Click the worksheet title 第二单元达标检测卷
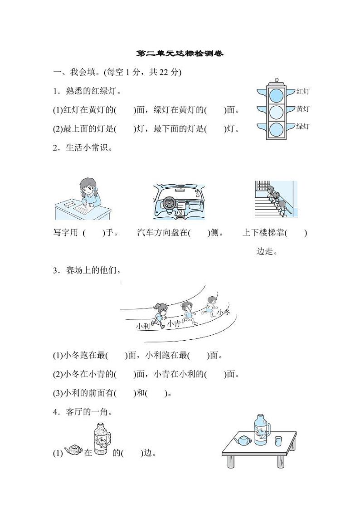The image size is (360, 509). (180, 54)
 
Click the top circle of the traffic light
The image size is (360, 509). (276, 95)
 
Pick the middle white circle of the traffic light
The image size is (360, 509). (276, 112)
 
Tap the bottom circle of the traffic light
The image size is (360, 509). (276, 129)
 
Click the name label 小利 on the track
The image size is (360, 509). (143, 326)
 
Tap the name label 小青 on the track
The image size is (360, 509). (174, 323)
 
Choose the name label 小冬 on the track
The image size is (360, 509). (224, 313)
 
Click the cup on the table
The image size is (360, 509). (278, 440)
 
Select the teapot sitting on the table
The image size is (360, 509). (244, 440)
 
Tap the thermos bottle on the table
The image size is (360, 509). (260, 429)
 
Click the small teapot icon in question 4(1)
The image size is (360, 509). (73, 450)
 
